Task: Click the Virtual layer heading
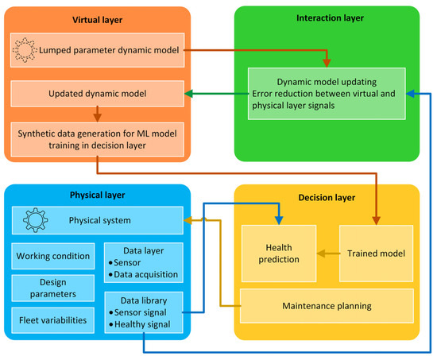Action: click(97, 20)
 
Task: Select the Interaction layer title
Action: click(330, 18)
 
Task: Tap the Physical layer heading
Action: click(97, 195)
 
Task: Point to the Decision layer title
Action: click(327, 198)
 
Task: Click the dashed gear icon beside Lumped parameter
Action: click(25, 50)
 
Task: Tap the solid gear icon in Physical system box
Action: click(35, 220)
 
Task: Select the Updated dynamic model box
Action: click(97, 94)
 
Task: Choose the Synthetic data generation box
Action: click(97, 139)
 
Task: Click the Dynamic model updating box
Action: click(327, 94)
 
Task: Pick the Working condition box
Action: click(53, 256)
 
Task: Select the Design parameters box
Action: click(53, 288)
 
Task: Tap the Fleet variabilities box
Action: click(53, 320)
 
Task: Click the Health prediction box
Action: click(279, 254)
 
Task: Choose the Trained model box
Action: click(377, 254)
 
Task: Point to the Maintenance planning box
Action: click(327, 306)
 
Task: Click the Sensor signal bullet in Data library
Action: click(137, 312)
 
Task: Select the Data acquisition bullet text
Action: click(143, 275)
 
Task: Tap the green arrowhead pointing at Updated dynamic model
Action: click(188, 94)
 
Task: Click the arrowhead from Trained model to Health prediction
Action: click(321, 254)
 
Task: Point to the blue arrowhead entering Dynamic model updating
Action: click(410, 94)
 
